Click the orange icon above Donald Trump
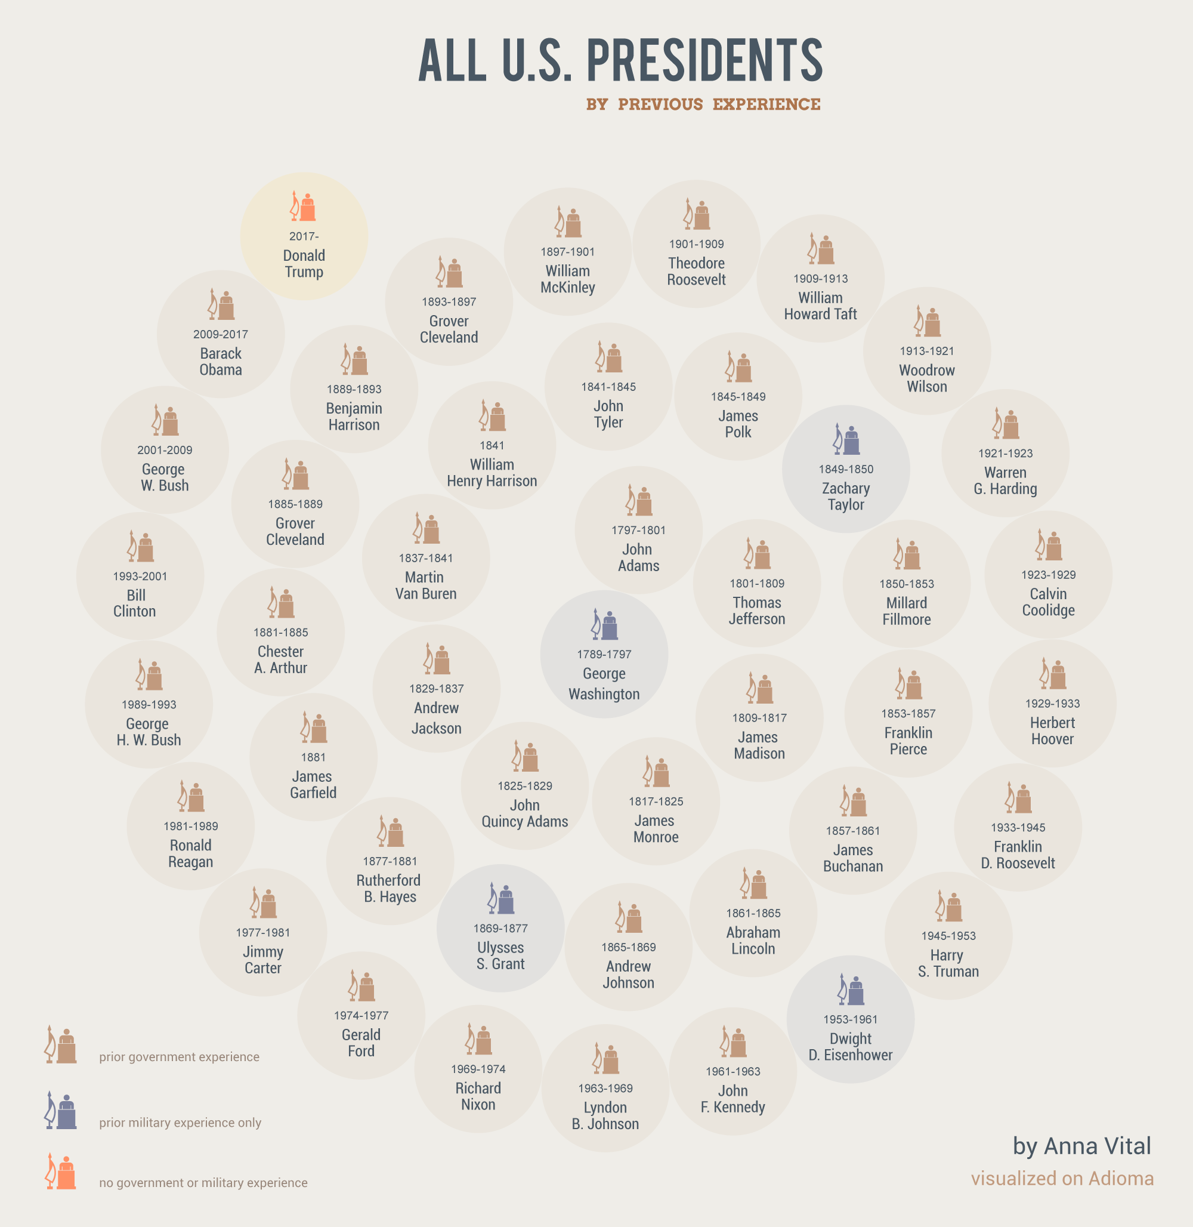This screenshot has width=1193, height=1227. click(x=303, y=206)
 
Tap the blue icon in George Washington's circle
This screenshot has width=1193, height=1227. click(x=605, y=624)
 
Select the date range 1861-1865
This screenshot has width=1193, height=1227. click(x=753, y=913)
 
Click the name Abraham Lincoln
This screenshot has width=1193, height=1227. click(x=753, y=941)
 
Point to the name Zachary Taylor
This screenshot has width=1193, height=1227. click(x=846, y=497)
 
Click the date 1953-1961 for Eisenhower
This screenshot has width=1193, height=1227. click(x=850, y=1019)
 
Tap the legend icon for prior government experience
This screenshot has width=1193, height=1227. click(x=61, y=1045)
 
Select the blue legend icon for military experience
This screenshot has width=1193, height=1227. click(x=61, y=1111)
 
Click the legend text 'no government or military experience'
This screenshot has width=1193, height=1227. click(x=203, y=1182)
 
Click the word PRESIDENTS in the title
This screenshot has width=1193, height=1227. click(x=704, y=60)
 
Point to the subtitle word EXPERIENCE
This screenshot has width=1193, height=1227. click(x=767, y=104)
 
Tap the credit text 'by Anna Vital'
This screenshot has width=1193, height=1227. click(x=1081, y=1146)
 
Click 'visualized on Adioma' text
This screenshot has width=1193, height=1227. click(x=1062, y=1179)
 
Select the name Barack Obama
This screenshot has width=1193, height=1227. click(x=221, y=362)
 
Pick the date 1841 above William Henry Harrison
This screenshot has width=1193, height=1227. click(x=492, y=446)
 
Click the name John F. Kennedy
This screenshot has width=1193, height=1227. click(x=733, y=1099)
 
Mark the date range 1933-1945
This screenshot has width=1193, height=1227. click(x=1018, y=828)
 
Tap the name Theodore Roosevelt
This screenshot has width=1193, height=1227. click(x=696, y=272)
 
